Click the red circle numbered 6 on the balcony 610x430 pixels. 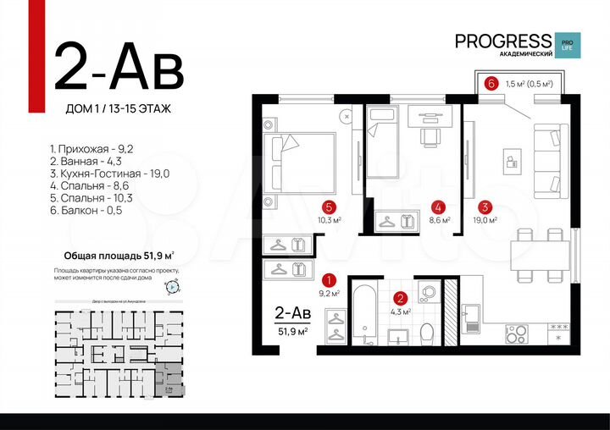pyautogui.click(x=491, y=84)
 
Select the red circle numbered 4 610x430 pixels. pyautogui.click(x=437, y=206)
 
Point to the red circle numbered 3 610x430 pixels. pyautogui.click(x=484, y=206)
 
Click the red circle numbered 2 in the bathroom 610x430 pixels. pyautogui.click(x=402, y=297)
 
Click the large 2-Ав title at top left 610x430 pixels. pyautogui.click(x=119, y=68)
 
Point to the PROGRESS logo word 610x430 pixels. pyautogui.click(x=502, y=41)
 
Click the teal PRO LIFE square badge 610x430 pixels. pyautogui.click(x=565, y=44)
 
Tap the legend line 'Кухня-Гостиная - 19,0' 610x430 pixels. pyautogui.click(x=110, y=173)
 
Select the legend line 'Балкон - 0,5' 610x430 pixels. pyautogui.click(x=86, y=209)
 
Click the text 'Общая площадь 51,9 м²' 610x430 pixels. pyautogui.click(x=119, y=255)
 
